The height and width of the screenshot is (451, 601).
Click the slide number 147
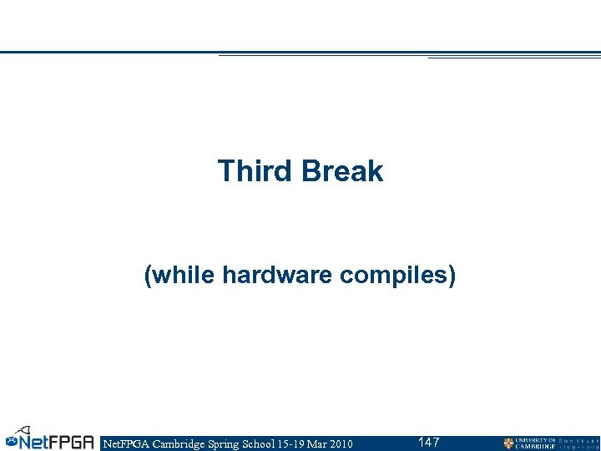(x=429, y=442)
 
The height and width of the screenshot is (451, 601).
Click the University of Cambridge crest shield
(x=508, y=443)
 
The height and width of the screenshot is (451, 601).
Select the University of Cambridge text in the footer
(x=536, y=443)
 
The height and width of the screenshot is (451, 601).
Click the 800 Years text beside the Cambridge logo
(x=578, y=443)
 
